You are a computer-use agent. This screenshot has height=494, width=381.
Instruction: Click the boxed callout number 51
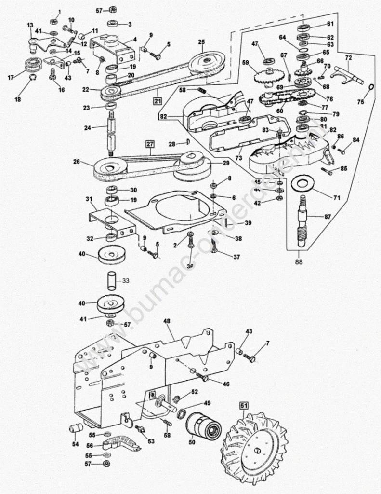click(244, 406)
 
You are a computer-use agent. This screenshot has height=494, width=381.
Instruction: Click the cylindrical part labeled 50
click(203, 426)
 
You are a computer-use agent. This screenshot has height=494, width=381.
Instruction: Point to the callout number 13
click(30, 25)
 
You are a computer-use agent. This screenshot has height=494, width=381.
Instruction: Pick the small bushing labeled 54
click(76, 428)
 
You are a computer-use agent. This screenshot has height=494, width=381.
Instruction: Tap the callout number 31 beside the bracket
click(89, 199)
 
